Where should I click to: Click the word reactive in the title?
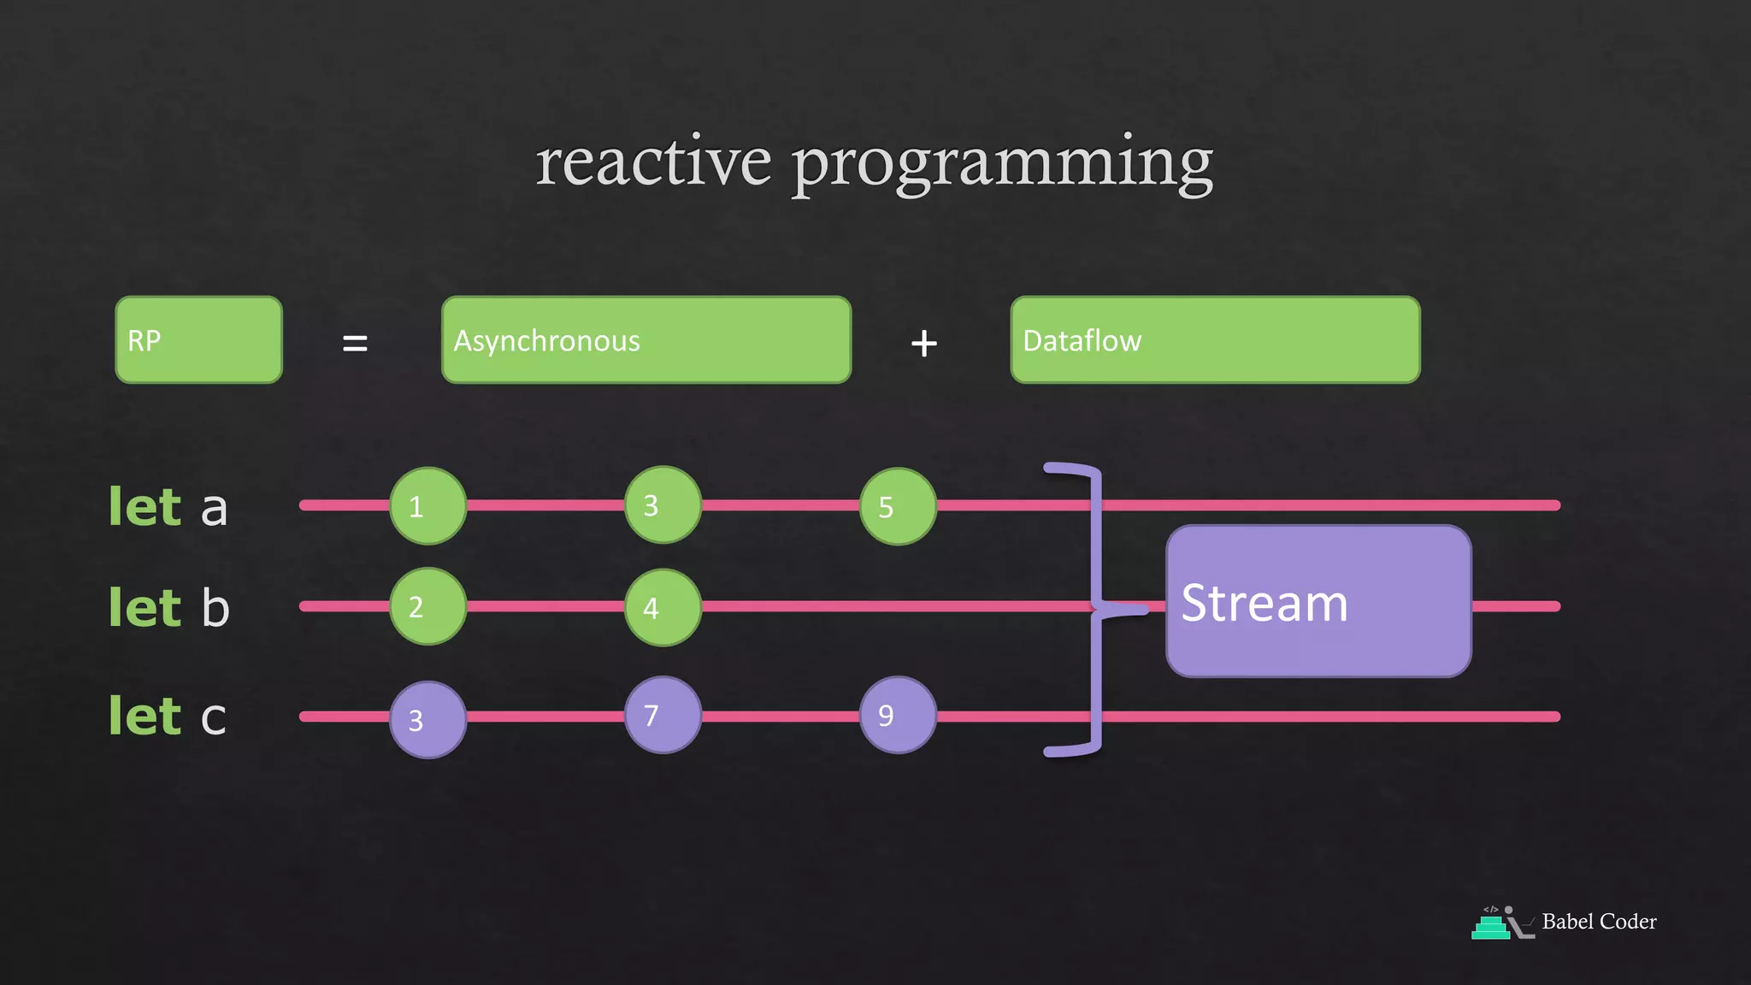click(x=653, y=162)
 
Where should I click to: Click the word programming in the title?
click(x=1002, y=164)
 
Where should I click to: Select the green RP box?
click(x=198, y=339)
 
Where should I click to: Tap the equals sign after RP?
click(x=355, y=344)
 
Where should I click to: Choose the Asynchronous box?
click(x=646, y=339)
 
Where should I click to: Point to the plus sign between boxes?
click(x=924, y=344)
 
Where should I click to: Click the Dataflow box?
click(x=1215, y=339)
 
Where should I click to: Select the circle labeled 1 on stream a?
click(x=427, y=506)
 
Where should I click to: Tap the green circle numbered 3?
click(x=663, y=505)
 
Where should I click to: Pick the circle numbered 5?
click(x=898, y=506)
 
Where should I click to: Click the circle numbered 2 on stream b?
click(x=427, y=606)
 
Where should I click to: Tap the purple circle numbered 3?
click(x=427, y=720)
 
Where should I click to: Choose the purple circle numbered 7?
click(x=663, y=715)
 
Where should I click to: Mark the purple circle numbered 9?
click(x=898, y=715)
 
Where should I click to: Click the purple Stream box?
click(x=1318, y=601)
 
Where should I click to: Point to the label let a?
click(x=168, y=507)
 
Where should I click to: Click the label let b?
click(x=169, y=608)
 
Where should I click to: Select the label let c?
click(x=168, y=717)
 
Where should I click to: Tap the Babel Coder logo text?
click(x=1598, y=922)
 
